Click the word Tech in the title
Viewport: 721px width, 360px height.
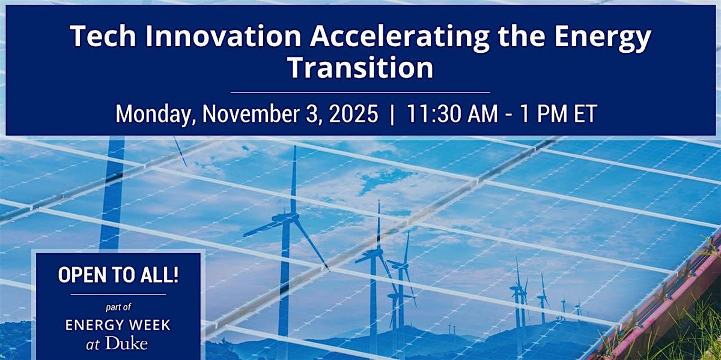pyautogui.click(x=99, y=38)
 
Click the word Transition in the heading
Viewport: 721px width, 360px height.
pyautogui.click(x=360, y=68)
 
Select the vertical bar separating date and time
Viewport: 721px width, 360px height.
pyautogui.click(x=392, y=113)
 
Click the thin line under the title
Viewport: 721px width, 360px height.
pyautogui.click(x=360, y=92)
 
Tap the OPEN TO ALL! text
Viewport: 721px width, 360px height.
pyautogui.click(x=118, y=275)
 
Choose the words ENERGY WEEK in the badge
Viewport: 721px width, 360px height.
pyautogui.click(x=118, y=326)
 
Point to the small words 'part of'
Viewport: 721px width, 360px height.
pyautogui.click(x=118, y=307)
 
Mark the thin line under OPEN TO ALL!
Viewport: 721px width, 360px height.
pyautogui.click(x=118, y=294)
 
